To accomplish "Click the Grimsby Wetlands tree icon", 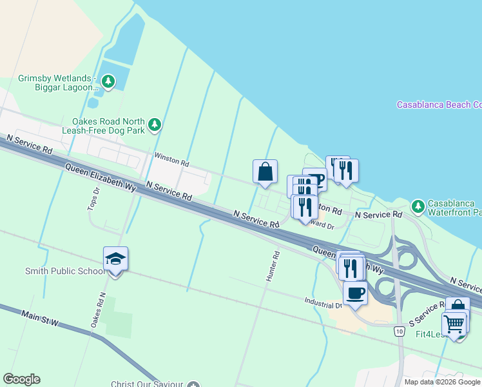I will (109, 81).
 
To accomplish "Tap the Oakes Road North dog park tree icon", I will (154, 124).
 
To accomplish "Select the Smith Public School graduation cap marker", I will (115, 259).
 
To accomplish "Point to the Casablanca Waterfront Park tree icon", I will (418, 206).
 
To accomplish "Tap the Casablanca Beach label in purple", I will (439, 104).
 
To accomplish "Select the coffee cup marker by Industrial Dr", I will (355, 293).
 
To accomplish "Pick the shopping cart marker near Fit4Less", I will (454, 322).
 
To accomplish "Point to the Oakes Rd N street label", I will (98, 310).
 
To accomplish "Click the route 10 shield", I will (400, 331).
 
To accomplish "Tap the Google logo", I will (21, 379).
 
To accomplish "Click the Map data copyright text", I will (442, 382).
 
